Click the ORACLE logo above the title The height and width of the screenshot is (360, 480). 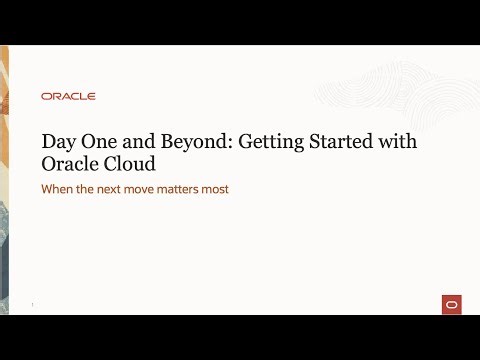pyautogui.click(x=68, y=96)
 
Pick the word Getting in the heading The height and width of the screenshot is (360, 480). pyautogui.click(x=269, y=143)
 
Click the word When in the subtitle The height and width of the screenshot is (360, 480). pyautogui.click(x=55, y=189)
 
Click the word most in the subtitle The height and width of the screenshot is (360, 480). pyautogui.click(x=231, y=189)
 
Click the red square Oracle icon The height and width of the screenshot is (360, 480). pyautogui.click(x=451, y=304)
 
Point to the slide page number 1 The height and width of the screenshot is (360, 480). pyautogui.click(x=33, y=305)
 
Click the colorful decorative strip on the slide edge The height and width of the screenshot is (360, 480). pyautogui.click(x=6, y=180)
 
